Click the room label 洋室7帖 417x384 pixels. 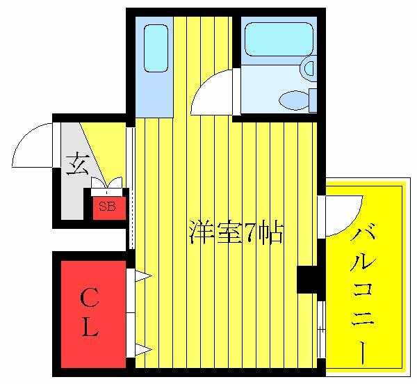(236, 232)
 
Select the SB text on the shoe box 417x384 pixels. (106, 206)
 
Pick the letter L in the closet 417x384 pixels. (89, 328)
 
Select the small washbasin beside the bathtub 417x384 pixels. (308, 68)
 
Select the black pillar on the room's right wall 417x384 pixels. (307, 280)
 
